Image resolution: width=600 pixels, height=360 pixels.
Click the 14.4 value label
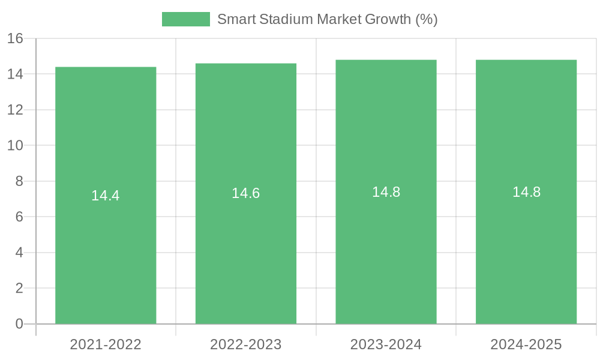(x=106, y=196)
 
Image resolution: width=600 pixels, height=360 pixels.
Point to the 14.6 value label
(x=246, y=193)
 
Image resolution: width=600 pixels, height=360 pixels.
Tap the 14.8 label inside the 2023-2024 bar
(x=386, y=192)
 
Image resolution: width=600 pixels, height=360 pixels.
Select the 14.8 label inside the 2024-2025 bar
(x=526, y=192)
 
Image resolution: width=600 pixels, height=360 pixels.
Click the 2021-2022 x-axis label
(x=106, y=344)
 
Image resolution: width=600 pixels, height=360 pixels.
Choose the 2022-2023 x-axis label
(x=246, y=344)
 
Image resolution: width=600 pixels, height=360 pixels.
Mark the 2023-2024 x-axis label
(x=386, y=344)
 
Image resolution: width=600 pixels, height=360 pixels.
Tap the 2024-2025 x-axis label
(x=526, y=344)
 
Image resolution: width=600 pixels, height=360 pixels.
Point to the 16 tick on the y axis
(x=15, y=39)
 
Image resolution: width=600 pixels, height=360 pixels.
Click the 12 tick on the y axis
(x=15, y=110)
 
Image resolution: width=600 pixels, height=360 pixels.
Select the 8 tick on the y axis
(x=19, y=181)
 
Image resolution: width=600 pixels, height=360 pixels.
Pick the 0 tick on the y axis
(x=19, y=324)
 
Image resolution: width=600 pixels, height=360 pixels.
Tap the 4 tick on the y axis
(x=19, y=253)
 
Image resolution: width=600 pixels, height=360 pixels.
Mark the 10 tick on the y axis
(x=15, y=146)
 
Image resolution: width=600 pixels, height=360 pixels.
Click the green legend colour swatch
(x=186, y=19)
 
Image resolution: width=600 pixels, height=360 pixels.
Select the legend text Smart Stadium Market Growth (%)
(x=327, y=19)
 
